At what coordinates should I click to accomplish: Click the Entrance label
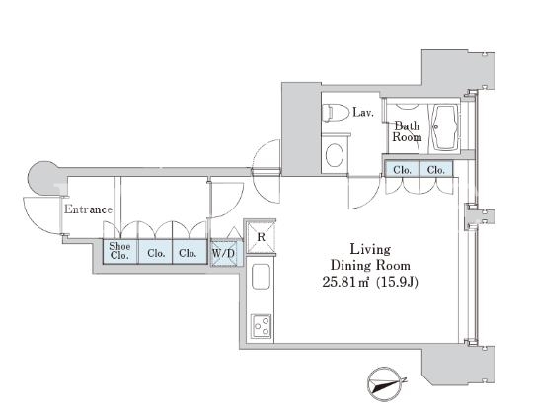click(88, 209)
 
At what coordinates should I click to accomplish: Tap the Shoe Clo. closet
click(120, 252)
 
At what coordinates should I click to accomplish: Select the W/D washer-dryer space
click(223, 253)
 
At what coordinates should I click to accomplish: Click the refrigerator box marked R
click(261, 237)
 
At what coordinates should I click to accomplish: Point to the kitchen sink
click(261, 277)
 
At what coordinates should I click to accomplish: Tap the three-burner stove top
click(261, 326)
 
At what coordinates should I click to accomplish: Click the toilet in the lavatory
click(336, 113)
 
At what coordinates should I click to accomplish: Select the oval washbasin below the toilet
click(335, 155)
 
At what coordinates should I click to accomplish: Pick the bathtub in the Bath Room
click(443, 126)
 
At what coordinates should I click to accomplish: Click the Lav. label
click(363, 112)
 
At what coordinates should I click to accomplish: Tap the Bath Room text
click(407, 131)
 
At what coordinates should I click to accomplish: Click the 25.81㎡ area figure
click(345, 282)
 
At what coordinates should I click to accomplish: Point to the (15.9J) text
click(398, 282)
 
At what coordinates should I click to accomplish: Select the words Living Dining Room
click(370, 257)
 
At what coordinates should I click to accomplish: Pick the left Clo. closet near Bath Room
click(402, 170)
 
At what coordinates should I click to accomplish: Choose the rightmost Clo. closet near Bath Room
click(436, 170)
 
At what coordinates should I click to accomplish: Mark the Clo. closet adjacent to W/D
click(190, 252)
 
